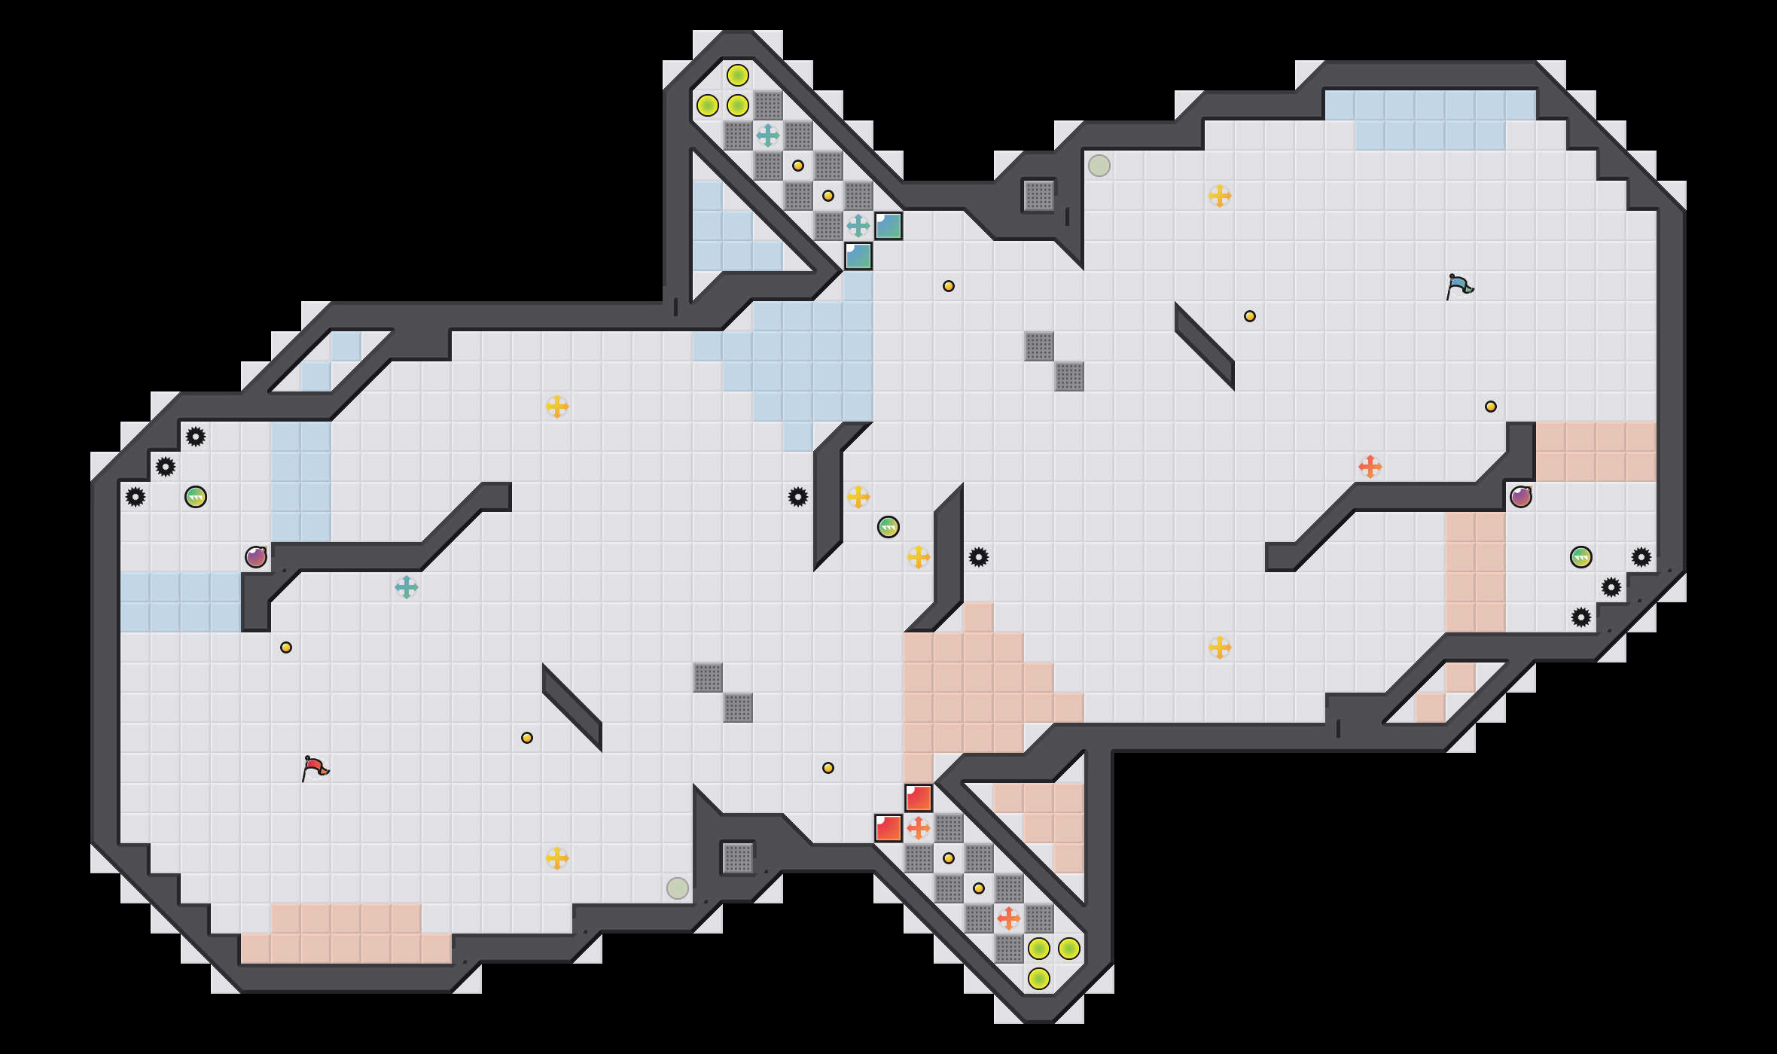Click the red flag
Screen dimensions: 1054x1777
[315, 768]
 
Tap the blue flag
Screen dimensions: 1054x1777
[1459, 286]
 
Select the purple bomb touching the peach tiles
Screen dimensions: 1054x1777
[1520, 497]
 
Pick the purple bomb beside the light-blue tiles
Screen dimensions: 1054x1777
[256, 557]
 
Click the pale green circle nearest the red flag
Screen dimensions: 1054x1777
[678, 888]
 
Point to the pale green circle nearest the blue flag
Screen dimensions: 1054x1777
[1099, 166]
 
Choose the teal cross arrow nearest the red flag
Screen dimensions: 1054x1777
[407, 587]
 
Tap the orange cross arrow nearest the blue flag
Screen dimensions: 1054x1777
[1370, 467]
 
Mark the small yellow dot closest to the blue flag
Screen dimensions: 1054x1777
[1491, 407]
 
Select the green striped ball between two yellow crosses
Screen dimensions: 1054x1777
[888, 527]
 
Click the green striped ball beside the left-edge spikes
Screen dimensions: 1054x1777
[196, 497]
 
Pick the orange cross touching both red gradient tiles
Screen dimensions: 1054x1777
[919, 828]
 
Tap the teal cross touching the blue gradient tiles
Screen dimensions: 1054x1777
[858, 226]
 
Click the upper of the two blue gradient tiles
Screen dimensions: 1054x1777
[888, 226]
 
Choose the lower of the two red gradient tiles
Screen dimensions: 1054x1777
[888, 828]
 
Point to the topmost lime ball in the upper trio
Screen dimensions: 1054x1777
[738, 75]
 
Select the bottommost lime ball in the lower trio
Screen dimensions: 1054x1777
[1039, 979]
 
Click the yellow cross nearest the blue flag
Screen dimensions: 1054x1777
[1220, 196]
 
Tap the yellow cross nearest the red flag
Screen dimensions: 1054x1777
[557, 858]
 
